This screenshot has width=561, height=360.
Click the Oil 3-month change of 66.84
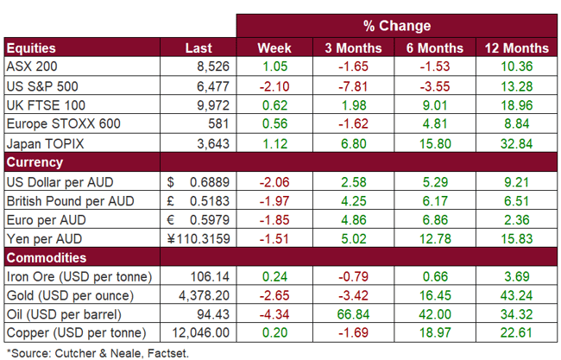(350, 314)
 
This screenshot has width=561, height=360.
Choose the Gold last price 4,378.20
(199, 295)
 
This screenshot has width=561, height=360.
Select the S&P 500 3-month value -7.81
(350, 86)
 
